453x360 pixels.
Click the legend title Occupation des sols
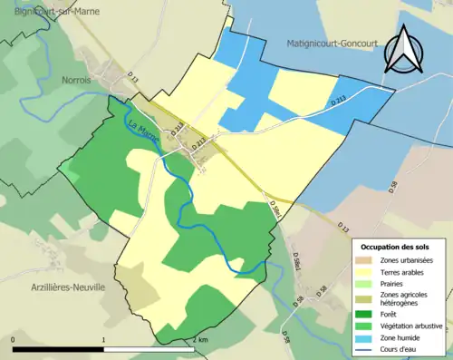coord(396,246)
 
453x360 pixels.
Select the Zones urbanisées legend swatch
coord(367,260)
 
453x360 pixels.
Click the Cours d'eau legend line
coord(367,349)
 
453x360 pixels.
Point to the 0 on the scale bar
coord(14,340)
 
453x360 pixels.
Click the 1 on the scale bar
coord(104,340)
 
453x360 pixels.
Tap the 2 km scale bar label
coord(201,340)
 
